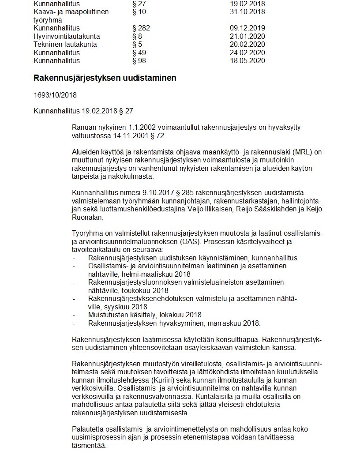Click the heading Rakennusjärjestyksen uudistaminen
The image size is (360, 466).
(x=105, y=78)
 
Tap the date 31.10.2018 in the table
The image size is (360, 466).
(x=247, y=12)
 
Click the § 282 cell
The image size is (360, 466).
(x=141, y=28)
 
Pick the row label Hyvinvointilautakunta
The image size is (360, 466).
(x=67, y=37)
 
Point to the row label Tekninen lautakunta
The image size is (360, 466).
(x=65, y=45)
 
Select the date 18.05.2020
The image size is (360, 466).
(x=247, y=60)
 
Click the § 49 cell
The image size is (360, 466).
(x=139, y=53)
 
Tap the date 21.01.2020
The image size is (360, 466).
(x=247, y=37)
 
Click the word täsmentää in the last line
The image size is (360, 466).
(x=89, y=445)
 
